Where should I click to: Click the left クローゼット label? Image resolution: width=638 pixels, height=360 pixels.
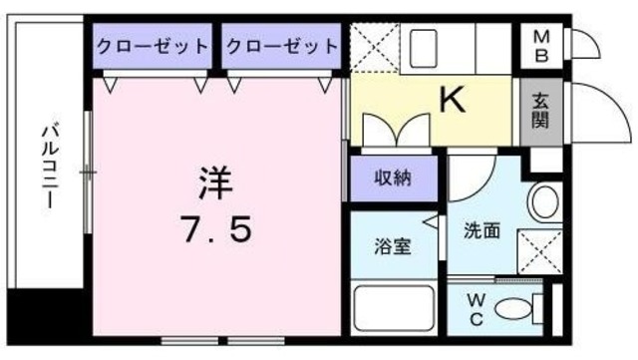pyautogui.click(x=154, y=46)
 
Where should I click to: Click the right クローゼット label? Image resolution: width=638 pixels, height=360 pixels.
pyautogui.click(x=281, y=46)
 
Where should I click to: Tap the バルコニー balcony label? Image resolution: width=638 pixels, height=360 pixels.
pyautogui.click(x=47, y=165)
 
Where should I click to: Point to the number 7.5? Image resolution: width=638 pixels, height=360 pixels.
pyautogui.click(x=216, y=230)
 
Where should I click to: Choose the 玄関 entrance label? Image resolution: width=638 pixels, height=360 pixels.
pyautogui.click(x=539, y=111)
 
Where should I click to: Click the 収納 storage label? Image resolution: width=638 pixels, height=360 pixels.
pyautogui.click(x=392, y=180)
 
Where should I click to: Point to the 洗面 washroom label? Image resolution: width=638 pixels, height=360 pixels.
pyautogui.click(x=481, y=231)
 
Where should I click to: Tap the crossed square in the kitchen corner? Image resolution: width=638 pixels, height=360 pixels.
pyautogui.click(x=374, y=46)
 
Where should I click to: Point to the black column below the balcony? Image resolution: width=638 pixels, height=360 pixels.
pyautogui.click(x=45, y=318)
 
